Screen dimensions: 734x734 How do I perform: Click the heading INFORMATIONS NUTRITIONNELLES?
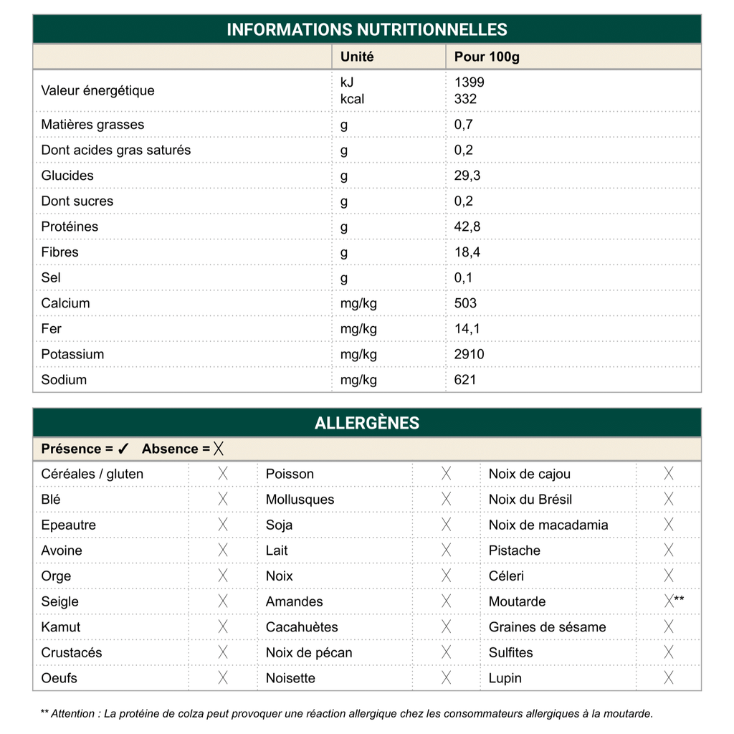point(367,29)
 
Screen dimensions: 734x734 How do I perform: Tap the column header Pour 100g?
point(487,57)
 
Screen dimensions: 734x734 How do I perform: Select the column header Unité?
point(357,57)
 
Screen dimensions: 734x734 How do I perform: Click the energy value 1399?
point(469,82)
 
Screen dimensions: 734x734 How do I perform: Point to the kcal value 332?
point(465,99)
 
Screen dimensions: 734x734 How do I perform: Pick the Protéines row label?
point(70,227)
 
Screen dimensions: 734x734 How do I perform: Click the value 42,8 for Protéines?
point(467,227)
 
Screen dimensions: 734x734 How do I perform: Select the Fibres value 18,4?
point(467,252)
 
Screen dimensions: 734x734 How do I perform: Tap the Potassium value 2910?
point(469,354)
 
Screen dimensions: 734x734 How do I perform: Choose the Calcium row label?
point(65,303)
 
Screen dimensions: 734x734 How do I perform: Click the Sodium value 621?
point(465,380)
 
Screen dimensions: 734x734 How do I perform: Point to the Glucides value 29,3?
point(467,176)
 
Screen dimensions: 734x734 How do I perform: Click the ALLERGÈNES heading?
point(367,423)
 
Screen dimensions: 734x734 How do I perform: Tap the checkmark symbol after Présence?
point(123,449)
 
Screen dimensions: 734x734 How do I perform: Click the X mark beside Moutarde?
point(669,601)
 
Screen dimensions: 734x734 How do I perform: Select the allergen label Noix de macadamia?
point(548,525)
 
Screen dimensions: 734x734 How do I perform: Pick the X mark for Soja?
point(447,525)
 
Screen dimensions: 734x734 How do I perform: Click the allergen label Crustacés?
point(72,652)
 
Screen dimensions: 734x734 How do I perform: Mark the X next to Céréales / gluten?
point(223,474)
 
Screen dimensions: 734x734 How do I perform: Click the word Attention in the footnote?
point(75,713)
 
